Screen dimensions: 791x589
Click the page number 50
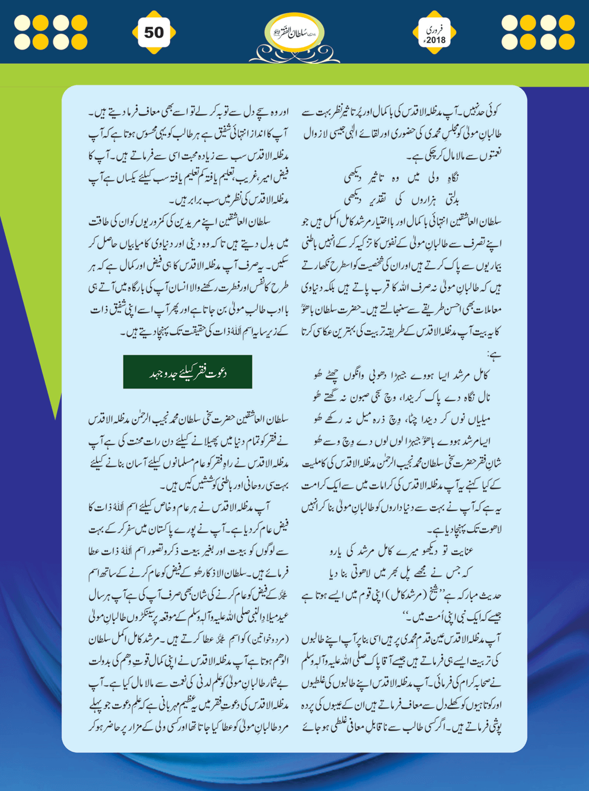(153, 32)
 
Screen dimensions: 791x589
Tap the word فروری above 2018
(435, 28)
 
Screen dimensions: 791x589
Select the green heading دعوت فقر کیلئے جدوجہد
(187, 372)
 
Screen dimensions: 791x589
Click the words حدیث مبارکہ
(479, 594)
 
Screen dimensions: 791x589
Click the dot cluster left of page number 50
(51, 32)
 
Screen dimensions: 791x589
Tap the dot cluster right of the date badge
(538, 32)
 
